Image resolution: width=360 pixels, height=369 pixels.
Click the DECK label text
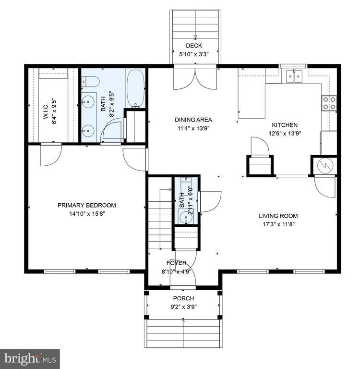(x=194, y=46)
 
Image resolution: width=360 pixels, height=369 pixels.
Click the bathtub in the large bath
(x=135, y=88)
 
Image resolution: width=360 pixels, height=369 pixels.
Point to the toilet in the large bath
(x=90, y=83)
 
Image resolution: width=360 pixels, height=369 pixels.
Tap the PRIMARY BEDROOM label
(x=86, y=205)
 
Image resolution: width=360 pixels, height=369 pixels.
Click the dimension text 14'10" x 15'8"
(x=86, y=213)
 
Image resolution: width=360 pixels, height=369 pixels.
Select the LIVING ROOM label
(x=278, y=216)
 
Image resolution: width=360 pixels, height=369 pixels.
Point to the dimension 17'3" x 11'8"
(x=278, y=224)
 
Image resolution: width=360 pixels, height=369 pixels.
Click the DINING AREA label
(x=192, y=120)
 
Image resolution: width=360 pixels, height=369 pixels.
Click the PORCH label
(x=183, y=298)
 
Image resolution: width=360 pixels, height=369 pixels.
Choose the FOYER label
(x=176, y=263)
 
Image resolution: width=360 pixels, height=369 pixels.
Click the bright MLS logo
(x=30, y=358)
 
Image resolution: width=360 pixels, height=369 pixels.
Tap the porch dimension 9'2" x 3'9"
(x=183, y=307)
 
